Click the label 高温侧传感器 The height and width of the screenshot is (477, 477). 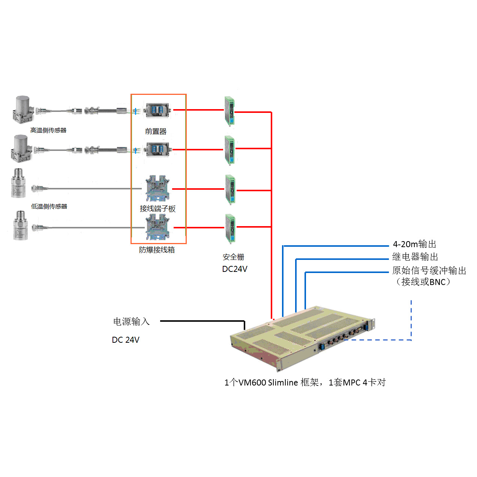[x=48, y=130]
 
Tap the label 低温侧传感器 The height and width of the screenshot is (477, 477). [x=49, y=206]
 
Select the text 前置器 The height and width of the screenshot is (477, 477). [x=156, y=131]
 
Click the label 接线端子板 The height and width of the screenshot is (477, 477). [x=157, y=208]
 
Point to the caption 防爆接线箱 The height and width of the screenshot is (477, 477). [x=157, y=250]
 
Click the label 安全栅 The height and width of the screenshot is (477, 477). [x=233, y=257]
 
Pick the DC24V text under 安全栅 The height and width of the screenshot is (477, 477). [x=235, y=269]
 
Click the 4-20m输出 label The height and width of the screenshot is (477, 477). [x=414, y=244]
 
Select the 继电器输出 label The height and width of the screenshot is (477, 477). [x=415, y=257]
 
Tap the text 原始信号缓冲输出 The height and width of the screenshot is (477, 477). [x=429, y=270]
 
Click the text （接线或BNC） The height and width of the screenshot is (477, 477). [x=423, y=282]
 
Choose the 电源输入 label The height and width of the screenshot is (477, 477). [x=131, y=321]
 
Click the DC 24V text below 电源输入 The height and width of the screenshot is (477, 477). [x=126, y=340]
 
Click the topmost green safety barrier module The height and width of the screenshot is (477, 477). [x=229, y=111]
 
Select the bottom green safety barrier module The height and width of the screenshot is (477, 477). [x=230, y=228]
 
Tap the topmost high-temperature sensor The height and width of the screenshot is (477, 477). [x=23, y=109]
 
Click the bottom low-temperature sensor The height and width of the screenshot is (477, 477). [x=20, y=225]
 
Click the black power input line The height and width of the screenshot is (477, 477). [x=202, y=321]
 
